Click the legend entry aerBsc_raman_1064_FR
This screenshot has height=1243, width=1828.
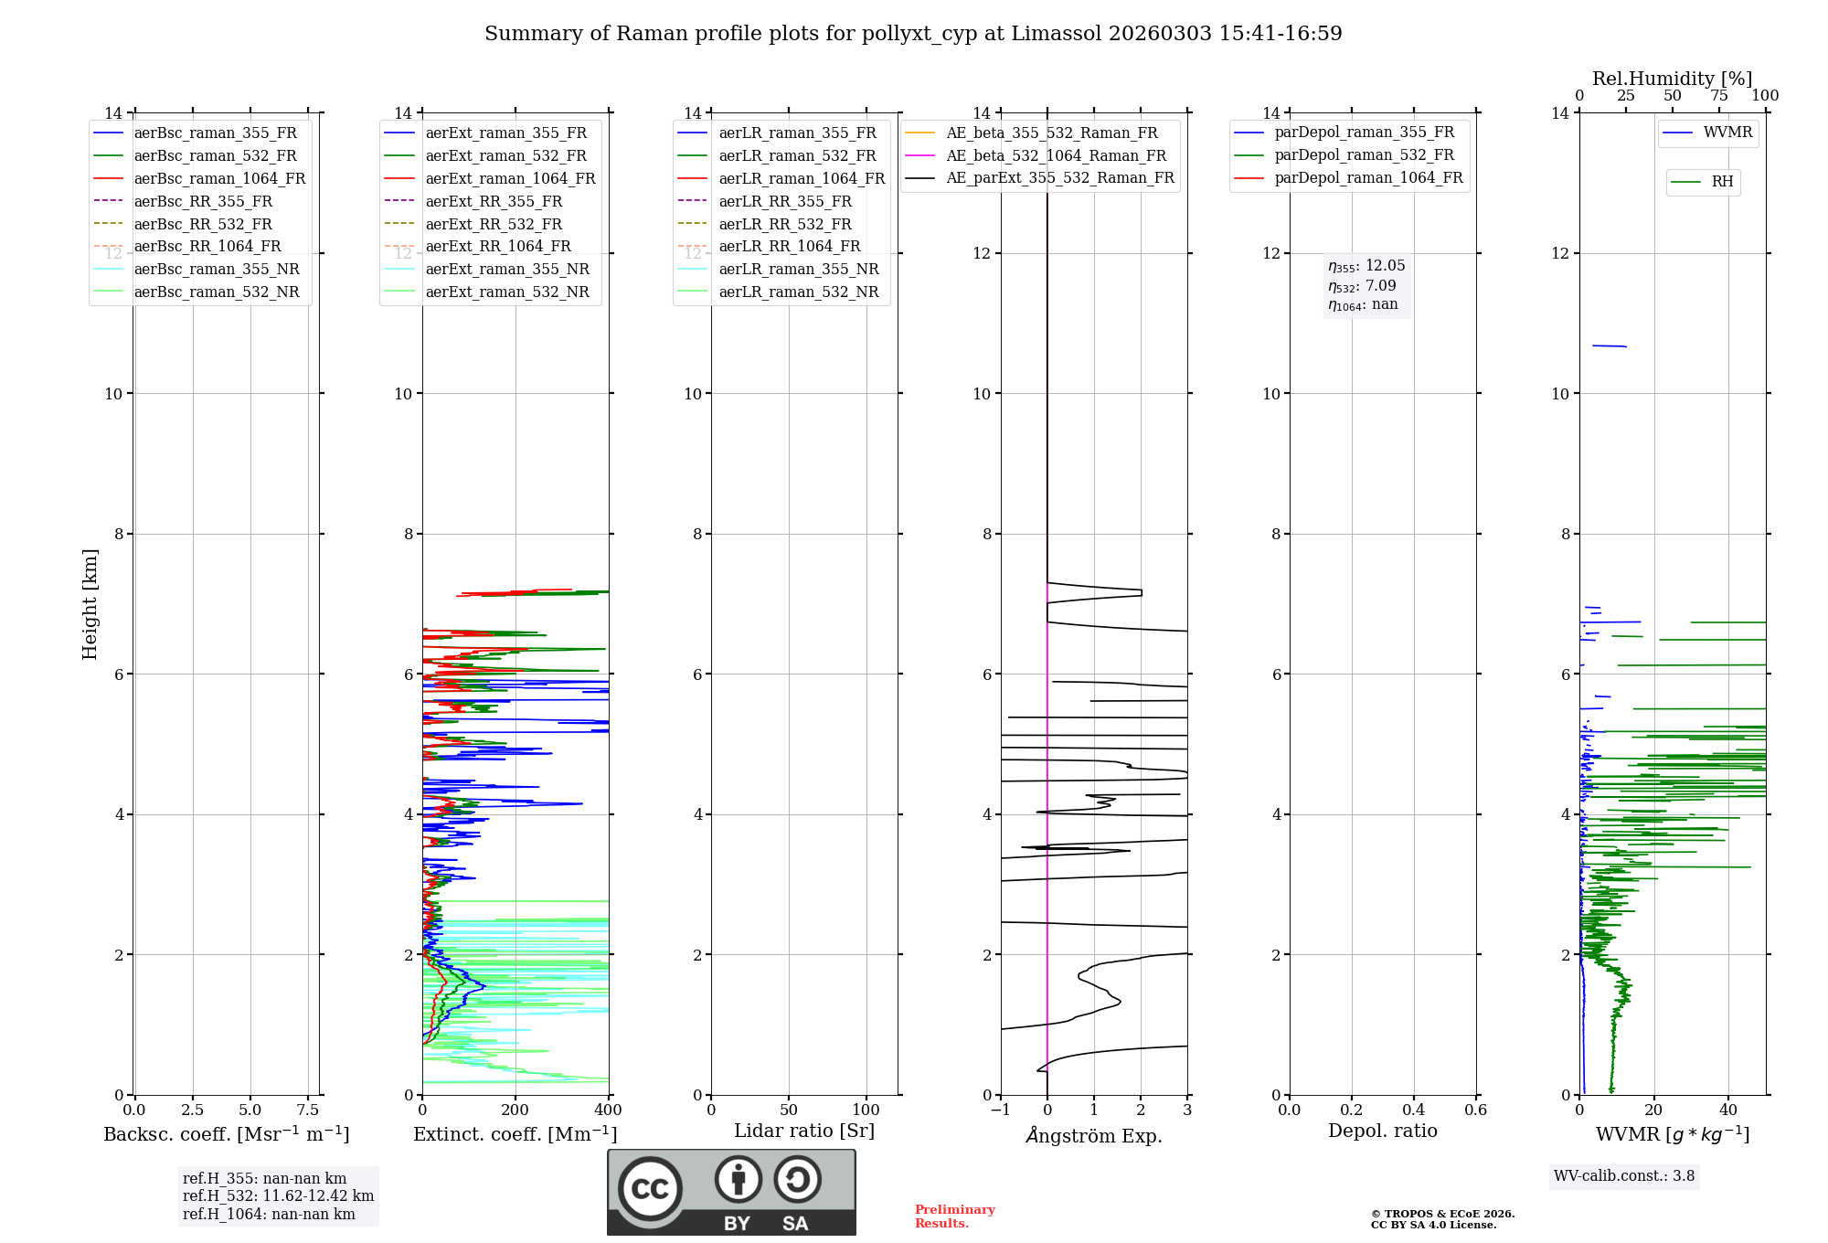(x=219, y=179)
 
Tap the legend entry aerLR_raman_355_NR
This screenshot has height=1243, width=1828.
(x=798, y=270)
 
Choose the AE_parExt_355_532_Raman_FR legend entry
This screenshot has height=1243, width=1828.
(x=1059, y=178)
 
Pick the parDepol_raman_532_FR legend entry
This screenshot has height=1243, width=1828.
(x=1364, y=155)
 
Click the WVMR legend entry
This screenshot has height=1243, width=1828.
(x=1727, y=133)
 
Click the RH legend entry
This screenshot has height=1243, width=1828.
(x=1722, y=182)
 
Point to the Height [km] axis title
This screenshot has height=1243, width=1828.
(x=90, y=603)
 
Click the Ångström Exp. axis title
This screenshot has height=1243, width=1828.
(x=1094, y=1135)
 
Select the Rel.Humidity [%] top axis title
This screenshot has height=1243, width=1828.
(x=1672, y=79)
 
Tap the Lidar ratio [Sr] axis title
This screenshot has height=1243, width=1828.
(x=804, y=1131)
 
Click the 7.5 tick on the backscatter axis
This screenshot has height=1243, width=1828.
(x=308, y=1110)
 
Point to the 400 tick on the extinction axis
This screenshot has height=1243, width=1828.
(x=608, y=1110)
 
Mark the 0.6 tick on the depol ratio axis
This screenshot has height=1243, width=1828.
(x=1475, y=1110)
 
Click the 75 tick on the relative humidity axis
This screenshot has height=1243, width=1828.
(x=1718, y=96)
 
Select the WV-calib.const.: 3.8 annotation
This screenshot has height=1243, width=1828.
(x=1624, y=1176)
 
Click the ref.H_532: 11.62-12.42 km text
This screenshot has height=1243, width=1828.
(x=278, y=1196)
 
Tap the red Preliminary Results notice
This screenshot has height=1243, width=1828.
(x=954, y=1216)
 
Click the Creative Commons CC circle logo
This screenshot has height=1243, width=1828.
(x=650, y=1188)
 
